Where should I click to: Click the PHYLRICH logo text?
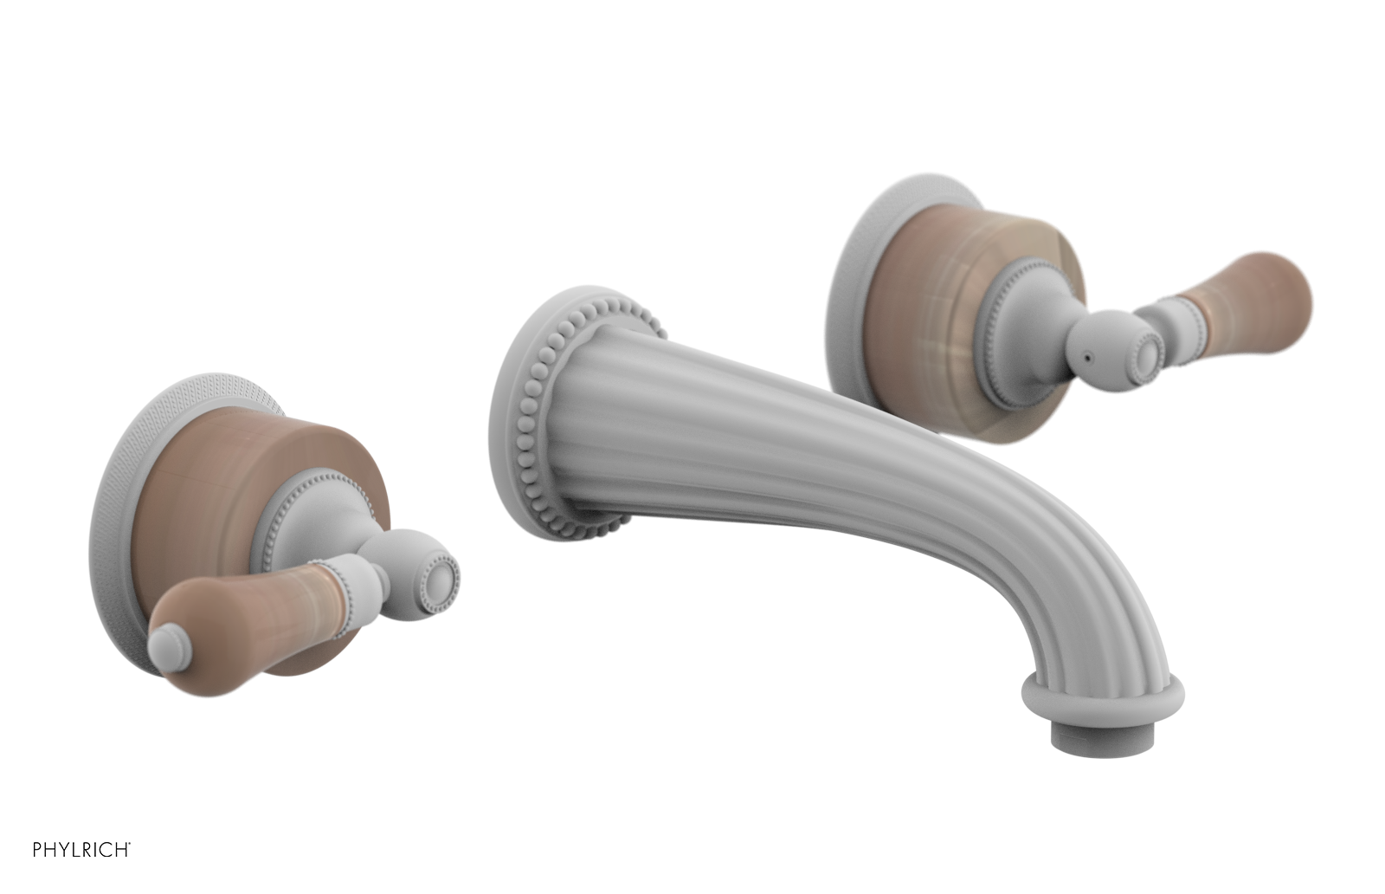coord(81,850)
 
